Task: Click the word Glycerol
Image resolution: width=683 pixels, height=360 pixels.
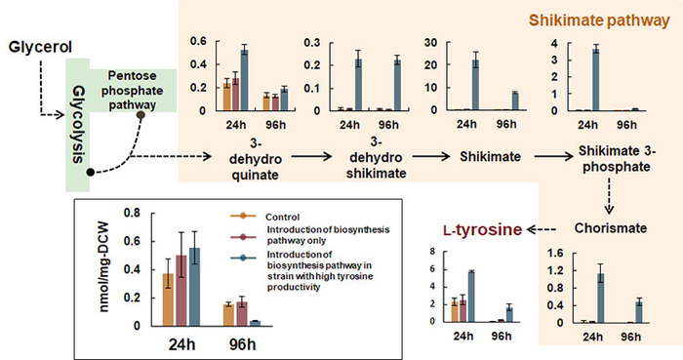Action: pos(38,47)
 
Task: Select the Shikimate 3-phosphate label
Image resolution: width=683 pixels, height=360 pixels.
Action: pos(592,162)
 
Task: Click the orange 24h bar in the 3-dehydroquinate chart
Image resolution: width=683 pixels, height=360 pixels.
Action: pos(226,97)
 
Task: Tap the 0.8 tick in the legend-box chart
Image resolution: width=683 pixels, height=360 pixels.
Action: pos(139,214)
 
